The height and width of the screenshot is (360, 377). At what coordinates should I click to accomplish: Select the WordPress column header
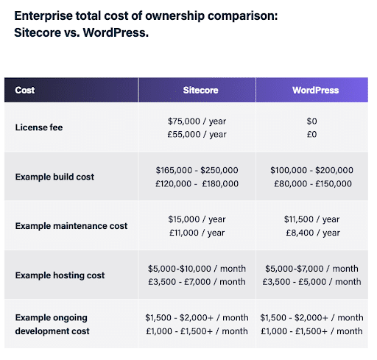click(315, 91)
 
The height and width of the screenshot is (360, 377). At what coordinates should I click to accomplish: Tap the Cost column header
click(25, 91)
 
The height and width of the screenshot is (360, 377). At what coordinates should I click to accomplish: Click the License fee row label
click(39, 127)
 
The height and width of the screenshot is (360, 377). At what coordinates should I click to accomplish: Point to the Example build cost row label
click(54, 177)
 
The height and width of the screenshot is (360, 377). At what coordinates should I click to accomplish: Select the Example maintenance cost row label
click(71, 226)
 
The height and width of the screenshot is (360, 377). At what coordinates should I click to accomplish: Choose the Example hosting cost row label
click(60, 275)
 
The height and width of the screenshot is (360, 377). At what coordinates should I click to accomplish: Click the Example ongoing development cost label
click(52, 324)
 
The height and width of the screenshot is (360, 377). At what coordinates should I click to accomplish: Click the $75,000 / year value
click(197, 121)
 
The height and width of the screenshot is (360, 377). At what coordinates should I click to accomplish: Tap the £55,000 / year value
click(197, 134)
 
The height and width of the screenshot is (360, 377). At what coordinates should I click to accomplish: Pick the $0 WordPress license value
click(311, 121)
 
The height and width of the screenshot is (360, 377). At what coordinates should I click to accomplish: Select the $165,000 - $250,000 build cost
click(197, 170)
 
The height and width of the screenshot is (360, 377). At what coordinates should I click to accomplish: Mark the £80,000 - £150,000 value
click(311, 183)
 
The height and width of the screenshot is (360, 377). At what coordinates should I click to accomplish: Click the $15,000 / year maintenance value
click(197, 219)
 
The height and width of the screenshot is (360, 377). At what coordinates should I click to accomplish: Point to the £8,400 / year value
click(311, 233)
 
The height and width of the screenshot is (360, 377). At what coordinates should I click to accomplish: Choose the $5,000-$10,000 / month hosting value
click(197, 269)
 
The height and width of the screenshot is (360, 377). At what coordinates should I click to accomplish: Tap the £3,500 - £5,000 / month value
click(311, 282)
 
